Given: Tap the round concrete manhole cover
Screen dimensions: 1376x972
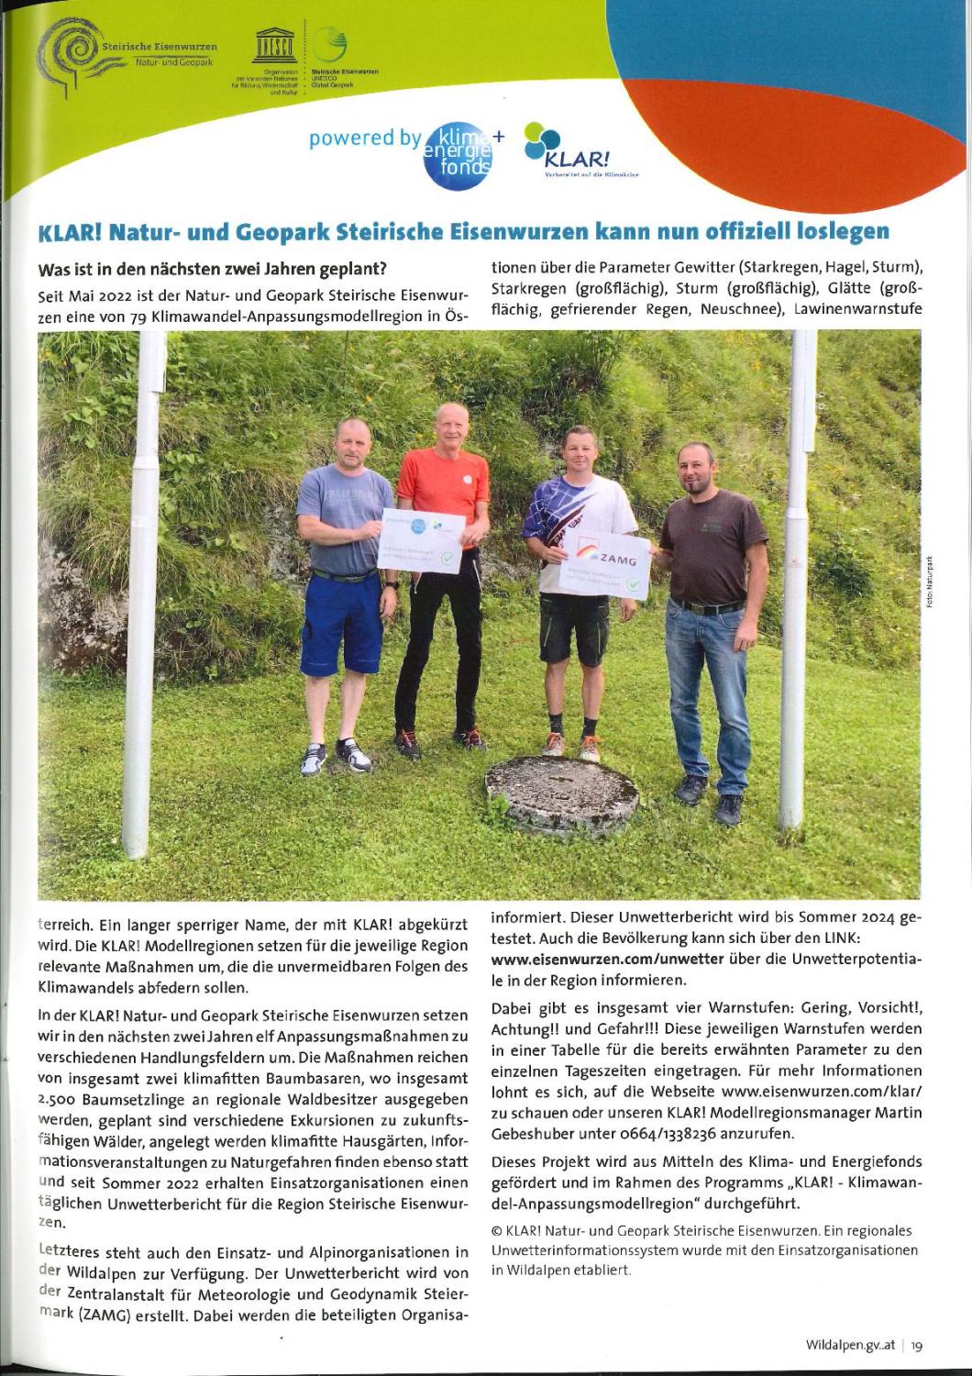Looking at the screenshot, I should click(x=562, y=787).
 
